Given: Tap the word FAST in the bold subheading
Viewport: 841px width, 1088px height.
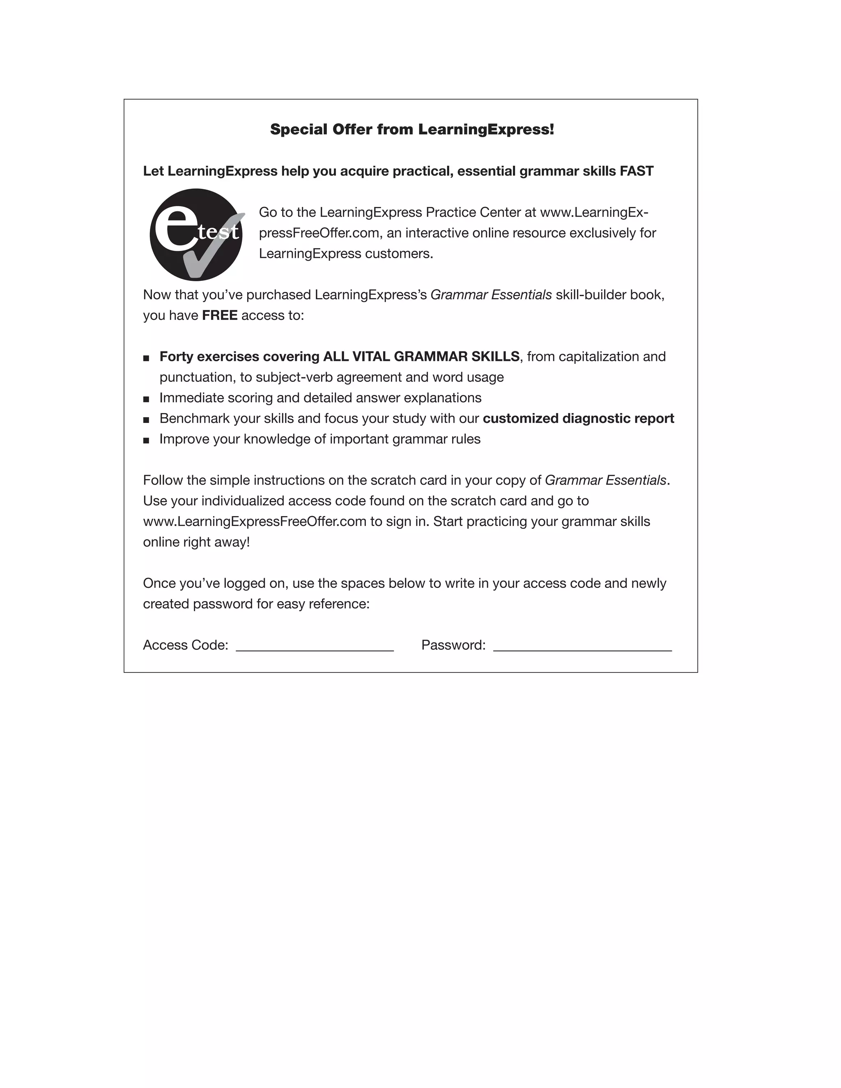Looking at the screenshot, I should (x=636, y=171).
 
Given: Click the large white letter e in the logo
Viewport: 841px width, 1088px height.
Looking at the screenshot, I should (x=176, y=229).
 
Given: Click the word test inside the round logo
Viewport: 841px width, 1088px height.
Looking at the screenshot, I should (x=218, y=232).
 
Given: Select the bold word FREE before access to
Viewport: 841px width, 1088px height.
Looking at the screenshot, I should (x=219, y=315).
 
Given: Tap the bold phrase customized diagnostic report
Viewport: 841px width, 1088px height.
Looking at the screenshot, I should (x=578, y=418).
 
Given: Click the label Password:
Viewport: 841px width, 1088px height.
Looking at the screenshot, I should (x=453, y=645).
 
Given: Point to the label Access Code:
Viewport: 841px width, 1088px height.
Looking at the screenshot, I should (x=185, y=645).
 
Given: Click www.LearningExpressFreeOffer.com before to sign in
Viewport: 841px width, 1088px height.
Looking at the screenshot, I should (x=255, y=521).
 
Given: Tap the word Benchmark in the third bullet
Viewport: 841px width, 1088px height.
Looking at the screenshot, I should (x=194, y=418).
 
